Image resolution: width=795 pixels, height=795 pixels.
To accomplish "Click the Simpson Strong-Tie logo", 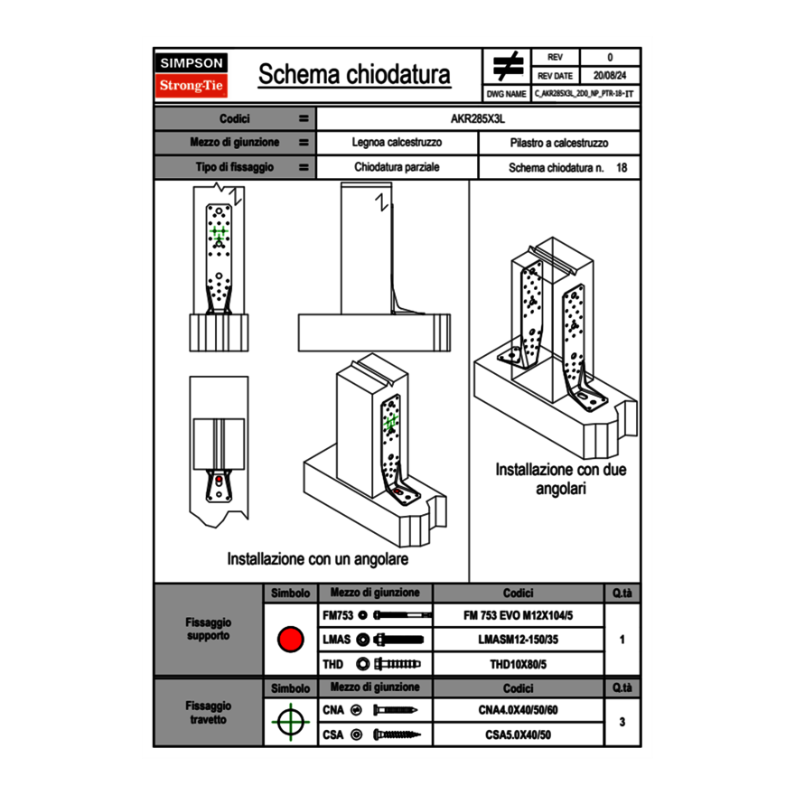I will tap(192, 75).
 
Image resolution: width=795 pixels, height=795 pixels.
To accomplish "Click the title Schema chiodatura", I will tap(354, 74).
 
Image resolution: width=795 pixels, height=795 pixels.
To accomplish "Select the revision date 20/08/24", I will tap(610, 76).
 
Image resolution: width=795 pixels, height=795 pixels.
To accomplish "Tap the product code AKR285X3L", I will tap(478, 118).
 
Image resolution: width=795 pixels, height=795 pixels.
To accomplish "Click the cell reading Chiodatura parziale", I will tap(397, 167).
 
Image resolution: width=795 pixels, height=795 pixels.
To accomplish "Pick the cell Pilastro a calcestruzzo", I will tap(558, 143).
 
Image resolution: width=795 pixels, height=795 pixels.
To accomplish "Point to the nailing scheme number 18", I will tap(622, 168).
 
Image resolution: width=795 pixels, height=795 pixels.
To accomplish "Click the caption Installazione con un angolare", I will tap(318, 559).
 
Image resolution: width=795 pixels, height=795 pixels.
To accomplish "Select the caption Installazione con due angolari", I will tap(561, 479).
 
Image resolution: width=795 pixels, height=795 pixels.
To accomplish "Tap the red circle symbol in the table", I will tap(290, 640).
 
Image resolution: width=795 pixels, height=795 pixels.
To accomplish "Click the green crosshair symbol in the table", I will tap(290, 722).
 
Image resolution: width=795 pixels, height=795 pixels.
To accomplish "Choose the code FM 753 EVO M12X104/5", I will tap(518, 615).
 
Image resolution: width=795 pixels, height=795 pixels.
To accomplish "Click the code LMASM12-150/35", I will tap(518, 640).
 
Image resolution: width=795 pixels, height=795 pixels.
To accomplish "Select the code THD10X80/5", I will tap(518, 664).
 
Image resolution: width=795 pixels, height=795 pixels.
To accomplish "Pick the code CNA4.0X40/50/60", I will tap(518, 710).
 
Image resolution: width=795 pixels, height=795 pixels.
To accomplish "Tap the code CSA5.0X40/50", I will tap(518, 734).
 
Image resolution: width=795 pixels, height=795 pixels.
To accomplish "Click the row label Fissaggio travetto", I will tap(208, 713).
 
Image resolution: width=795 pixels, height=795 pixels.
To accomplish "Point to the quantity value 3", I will tap(622, 722).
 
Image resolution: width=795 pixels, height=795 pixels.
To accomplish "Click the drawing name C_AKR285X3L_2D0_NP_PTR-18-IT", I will tap(584, 93).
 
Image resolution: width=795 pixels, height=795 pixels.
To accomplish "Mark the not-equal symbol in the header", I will tap(508, 67).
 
